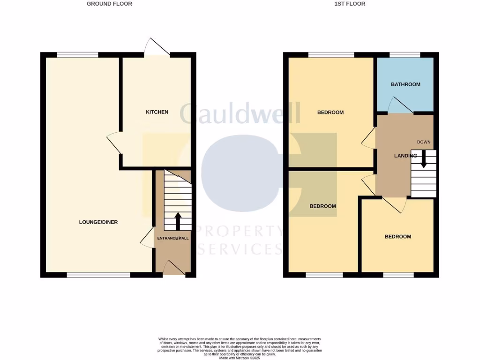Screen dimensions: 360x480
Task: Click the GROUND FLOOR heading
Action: click(x=109, y=4)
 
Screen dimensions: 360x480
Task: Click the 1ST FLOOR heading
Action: click(x=350, y=4)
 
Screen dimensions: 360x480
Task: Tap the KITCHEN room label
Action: click(x=157, y=112)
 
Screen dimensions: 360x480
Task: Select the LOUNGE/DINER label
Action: click(x=98, y=222)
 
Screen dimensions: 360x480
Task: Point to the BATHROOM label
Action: click(x=405, y=84)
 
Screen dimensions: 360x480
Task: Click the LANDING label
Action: click(x=405, y=156)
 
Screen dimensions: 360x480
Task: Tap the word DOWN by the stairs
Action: click(x=423, y=142)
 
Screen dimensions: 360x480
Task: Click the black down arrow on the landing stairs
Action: click(x=423, y=159)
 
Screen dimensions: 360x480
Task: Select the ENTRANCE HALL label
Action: click(x=172, y=239)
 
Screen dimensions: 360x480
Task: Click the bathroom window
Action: click(x=405, y=55)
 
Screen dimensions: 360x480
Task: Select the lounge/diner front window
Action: click(x=98, y=275)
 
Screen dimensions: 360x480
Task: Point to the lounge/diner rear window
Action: click(x=78, y=55)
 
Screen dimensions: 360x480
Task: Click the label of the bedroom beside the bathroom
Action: click(x=330, y=112)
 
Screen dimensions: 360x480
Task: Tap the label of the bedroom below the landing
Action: click(x=397, y=237)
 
